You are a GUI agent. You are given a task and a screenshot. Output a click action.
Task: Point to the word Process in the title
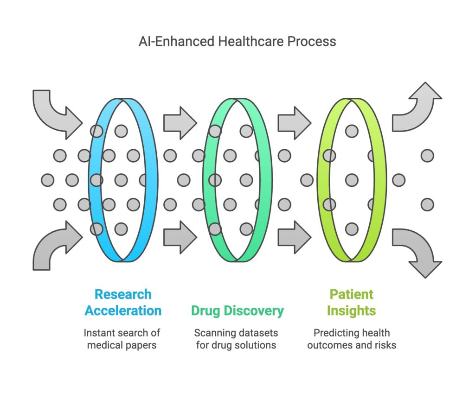311,41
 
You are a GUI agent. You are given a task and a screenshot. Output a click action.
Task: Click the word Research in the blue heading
123,294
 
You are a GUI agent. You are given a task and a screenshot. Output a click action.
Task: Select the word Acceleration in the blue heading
123,311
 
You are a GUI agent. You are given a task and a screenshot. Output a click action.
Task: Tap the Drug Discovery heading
237,311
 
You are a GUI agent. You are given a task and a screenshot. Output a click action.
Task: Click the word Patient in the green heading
351,294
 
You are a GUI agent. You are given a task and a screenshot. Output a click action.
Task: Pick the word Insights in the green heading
351,311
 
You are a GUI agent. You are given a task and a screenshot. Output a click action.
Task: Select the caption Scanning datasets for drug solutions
237,339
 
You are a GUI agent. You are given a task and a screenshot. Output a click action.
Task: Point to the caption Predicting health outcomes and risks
351,339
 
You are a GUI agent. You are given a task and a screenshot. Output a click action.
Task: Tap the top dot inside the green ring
352,131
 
